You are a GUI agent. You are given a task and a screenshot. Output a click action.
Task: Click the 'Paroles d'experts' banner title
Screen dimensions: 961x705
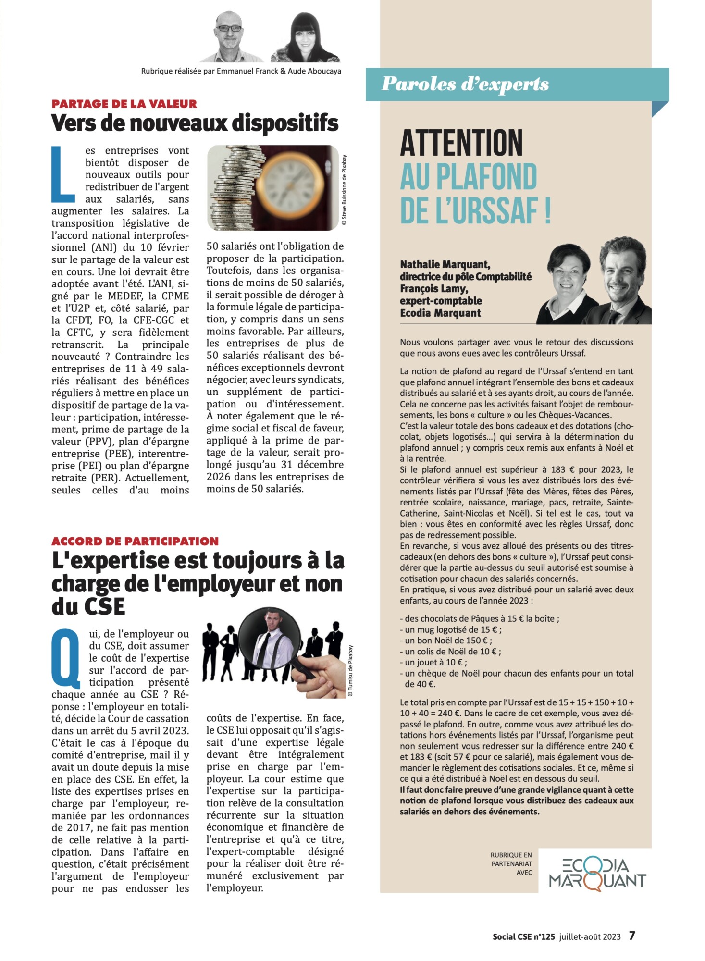tap(465, 84)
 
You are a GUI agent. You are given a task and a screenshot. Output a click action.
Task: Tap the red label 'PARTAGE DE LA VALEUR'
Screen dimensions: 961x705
tap(124, 104)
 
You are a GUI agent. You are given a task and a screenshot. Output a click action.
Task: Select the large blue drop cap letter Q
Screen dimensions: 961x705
tap(66, 657)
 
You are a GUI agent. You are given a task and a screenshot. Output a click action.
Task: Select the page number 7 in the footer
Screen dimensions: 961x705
tap(632, 935)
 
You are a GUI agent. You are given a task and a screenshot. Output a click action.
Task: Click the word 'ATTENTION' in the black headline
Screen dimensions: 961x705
tap(461, 143)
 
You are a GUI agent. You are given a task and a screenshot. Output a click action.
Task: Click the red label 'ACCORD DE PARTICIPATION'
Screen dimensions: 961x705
tap(135, 541)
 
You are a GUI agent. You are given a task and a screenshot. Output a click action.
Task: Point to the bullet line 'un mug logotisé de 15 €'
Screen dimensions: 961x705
tap(453, 629)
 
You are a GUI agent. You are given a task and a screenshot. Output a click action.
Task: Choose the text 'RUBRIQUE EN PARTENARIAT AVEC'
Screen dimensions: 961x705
tap(511, 863)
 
